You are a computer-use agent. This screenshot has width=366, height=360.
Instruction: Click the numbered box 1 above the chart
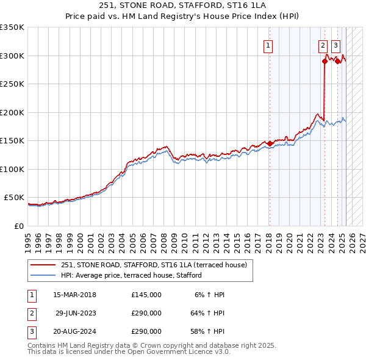pyautogui.click(x=268, y=45)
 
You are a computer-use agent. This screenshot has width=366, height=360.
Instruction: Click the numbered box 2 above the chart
pyautogui.click(x=323, y=45)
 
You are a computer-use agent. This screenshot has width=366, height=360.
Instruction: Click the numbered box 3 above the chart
pyautogui.click(x=336, y=45)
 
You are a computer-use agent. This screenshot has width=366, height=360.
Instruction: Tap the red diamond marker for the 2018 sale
pyautogui.click(x=270, y=143)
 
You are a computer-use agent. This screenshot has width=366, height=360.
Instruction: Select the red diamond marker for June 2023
pyautogui.click(x=325, y=61)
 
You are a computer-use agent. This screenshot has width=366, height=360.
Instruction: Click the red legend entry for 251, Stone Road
pyautogui.click(x=153, y=265)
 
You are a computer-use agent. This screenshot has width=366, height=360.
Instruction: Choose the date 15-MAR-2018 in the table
pyautogui.click(x=74, y=295)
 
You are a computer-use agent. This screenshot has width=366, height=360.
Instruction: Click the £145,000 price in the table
pyautogui.click(x=146, y=295)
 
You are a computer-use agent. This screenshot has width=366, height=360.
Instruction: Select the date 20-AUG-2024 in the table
pyautogui.click(x=74, y=331)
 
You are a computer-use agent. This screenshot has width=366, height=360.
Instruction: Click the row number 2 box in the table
pyautogui.click(x=30, y=313)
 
